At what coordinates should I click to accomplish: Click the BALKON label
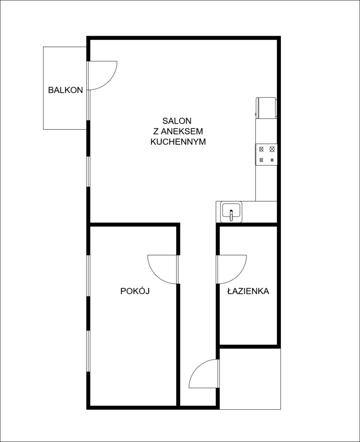tap(66, 90)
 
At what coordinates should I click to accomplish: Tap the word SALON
tap(177, 121)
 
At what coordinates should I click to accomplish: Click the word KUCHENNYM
tap(178, 142)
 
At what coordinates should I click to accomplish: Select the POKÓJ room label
tap(135, 291)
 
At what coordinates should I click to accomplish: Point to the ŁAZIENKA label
tap(248, 291)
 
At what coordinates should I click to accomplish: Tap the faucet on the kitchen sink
tap(232, 215)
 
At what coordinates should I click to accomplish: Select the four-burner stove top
tap(266, 155)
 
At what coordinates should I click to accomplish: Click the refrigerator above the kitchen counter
tap(266, 108)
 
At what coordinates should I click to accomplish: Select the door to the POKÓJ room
tap(163, 269)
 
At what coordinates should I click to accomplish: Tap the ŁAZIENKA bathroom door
tap(232, 269)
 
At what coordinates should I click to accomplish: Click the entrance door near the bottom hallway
tap(204, 374)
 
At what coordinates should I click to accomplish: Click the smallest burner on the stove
tap(272, 160)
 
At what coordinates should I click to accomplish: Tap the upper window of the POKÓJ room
tap(88, 275)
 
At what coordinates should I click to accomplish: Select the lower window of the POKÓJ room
tap(88, 351)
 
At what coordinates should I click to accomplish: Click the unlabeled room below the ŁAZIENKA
tap(250, 379)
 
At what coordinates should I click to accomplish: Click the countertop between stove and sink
tap(266, 183)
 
